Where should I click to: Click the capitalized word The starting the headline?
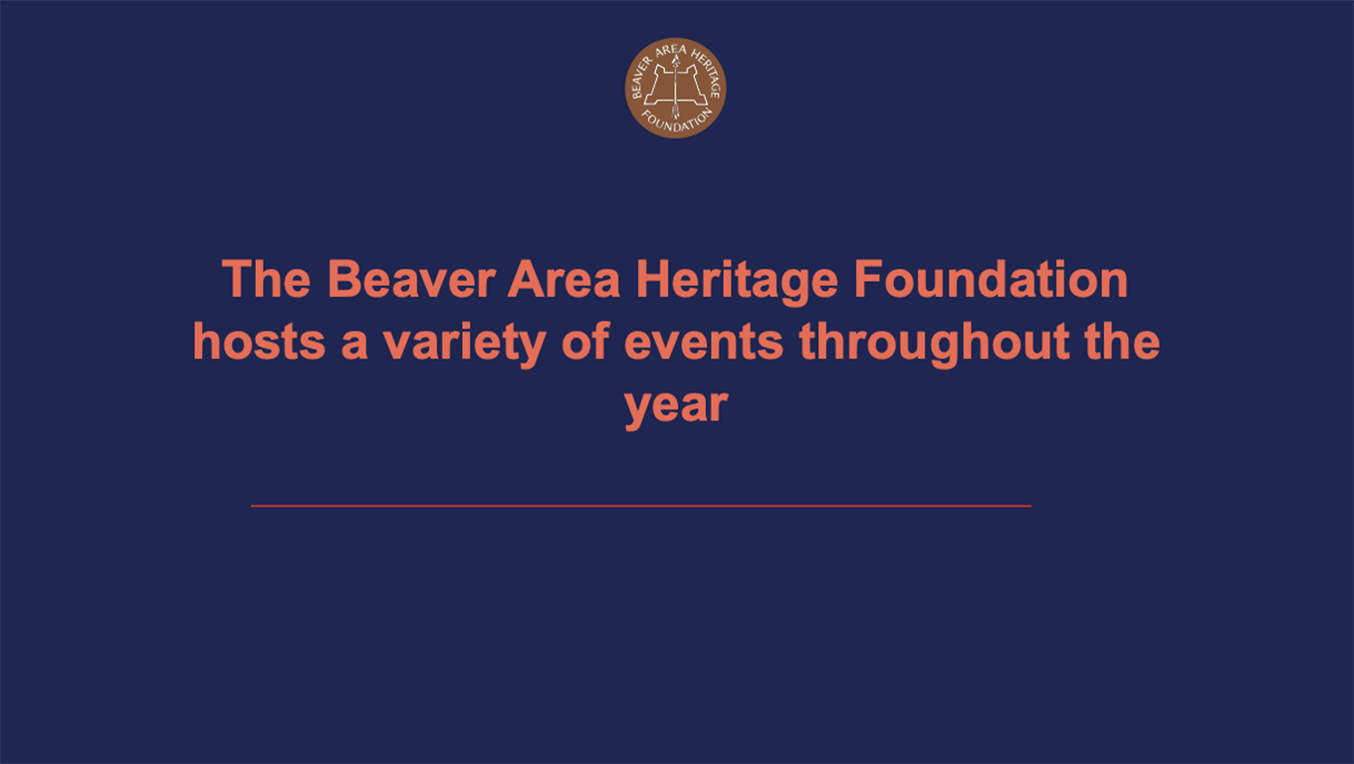(x=267, y=280)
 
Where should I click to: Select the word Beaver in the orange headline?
(x=411, y=280)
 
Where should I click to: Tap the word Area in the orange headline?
(x=564, y=280)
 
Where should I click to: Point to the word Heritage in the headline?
(x=737, y=282)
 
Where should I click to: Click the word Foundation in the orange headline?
(x=991, y=280)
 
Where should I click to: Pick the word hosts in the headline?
(x=259, y=342)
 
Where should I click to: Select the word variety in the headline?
(x=464, y=345)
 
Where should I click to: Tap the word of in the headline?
(x=585, y=342)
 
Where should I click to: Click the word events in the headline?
(x=703, y=343)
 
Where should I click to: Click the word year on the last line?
(x=676, y=407)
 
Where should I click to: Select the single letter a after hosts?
(x=354, y=347)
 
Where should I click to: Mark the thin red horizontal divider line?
(x=641, y=506)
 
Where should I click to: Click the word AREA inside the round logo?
(x=672, y=50)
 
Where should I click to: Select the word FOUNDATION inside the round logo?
(x=676, y=122)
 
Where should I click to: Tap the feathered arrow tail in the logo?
(x=675, y=112)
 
